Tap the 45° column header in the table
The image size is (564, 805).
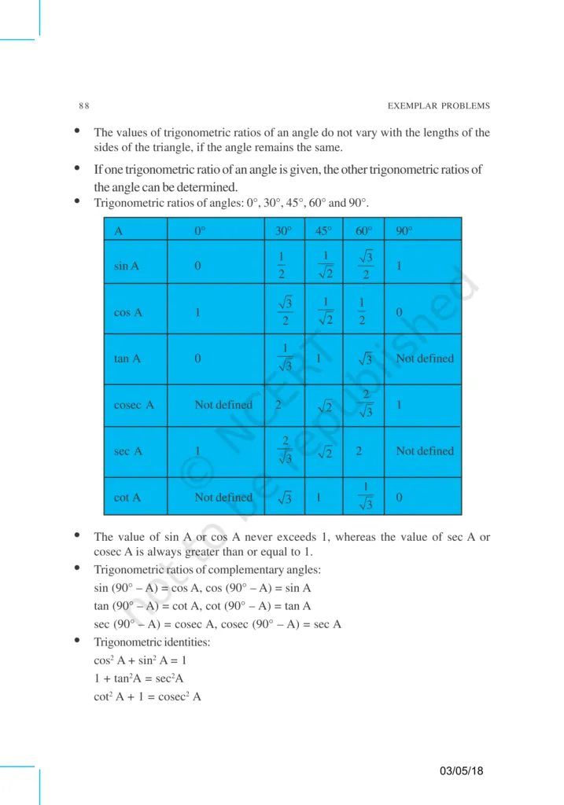point(323,231)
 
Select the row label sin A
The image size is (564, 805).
point(127,266)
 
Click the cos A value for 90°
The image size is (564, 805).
point(400,312)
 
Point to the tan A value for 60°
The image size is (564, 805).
point(364,359)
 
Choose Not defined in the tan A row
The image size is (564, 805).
point(425,358)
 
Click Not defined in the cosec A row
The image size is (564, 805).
point(223,405)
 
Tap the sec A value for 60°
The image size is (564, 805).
point(359,451)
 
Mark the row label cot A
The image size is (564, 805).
point(127,498)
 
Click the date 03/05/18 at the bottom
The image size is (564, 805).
point(462,770)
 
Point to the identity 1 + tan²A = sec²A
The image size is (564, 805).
point(138,678)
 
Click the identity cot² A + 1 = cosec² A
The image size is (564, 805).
point(147,696)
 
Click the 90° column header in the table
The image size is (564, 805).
point(404,231)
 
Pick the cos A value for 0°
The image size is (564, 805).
point(198,312)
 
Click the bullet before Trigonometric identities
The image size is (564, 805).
point(77,641)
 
